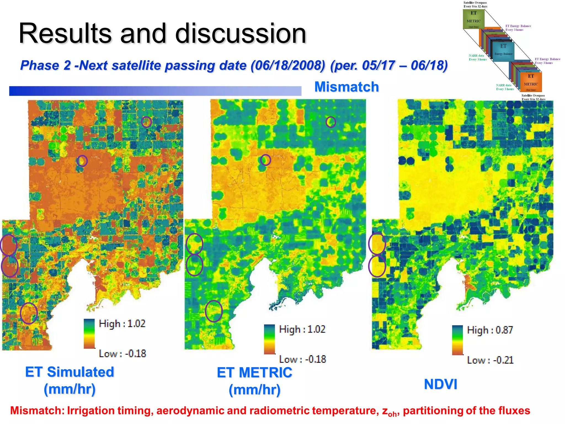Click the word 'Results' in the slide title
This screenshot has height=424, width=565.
click(x=65, y=33)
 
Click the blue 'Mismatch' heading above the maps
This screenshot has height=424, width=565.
click(x=347, y=87)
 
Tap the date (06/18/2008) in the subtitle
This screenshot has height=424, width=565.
click(x=288, y=66)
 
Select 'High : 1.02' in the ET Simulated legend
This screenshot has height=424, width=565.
click(x=122, y=324)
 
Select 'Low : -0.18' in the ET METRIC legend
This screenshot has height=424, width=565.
click(x=302, y=359)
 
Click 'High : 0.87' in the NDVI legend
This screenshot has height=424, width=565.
click(x=490, y=330)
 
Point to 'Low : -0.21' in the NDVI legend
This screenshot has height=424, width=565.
click(x=490, y=360)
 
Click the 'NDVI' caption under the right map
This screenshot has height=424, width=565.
click(x=440, y=384)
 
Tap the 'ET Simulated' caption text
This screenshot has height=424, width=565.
click(x=70, y=372)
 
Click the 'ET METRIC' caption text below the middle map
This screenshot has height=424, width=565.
click(x=254, y=372)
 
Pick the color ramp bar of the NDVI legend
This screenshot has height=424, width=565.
click(x=457, y=340)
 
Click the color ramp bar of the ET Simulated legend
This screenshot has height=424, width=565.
click(x=89, y=334)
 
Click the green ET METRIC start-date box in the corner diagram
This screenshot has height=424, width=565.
click(x=473, y=19)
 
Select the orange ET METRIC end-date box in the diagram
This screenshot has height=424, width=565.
click(x=531, y=82)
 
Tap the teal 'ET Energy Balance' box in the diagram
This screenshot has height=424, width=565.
click(x=503, y=51)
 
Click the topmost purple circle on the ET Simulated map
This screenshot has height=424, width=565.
click(x=146, y=121)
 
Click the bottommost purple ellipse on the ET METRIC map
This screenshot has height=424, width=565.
click(x=214, y=311)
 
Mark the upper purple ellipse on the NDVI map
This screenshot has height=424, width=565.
click(x=377, y=243)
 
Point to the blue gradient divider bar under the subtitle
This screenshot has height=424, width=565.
click(x=155, y=91)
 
